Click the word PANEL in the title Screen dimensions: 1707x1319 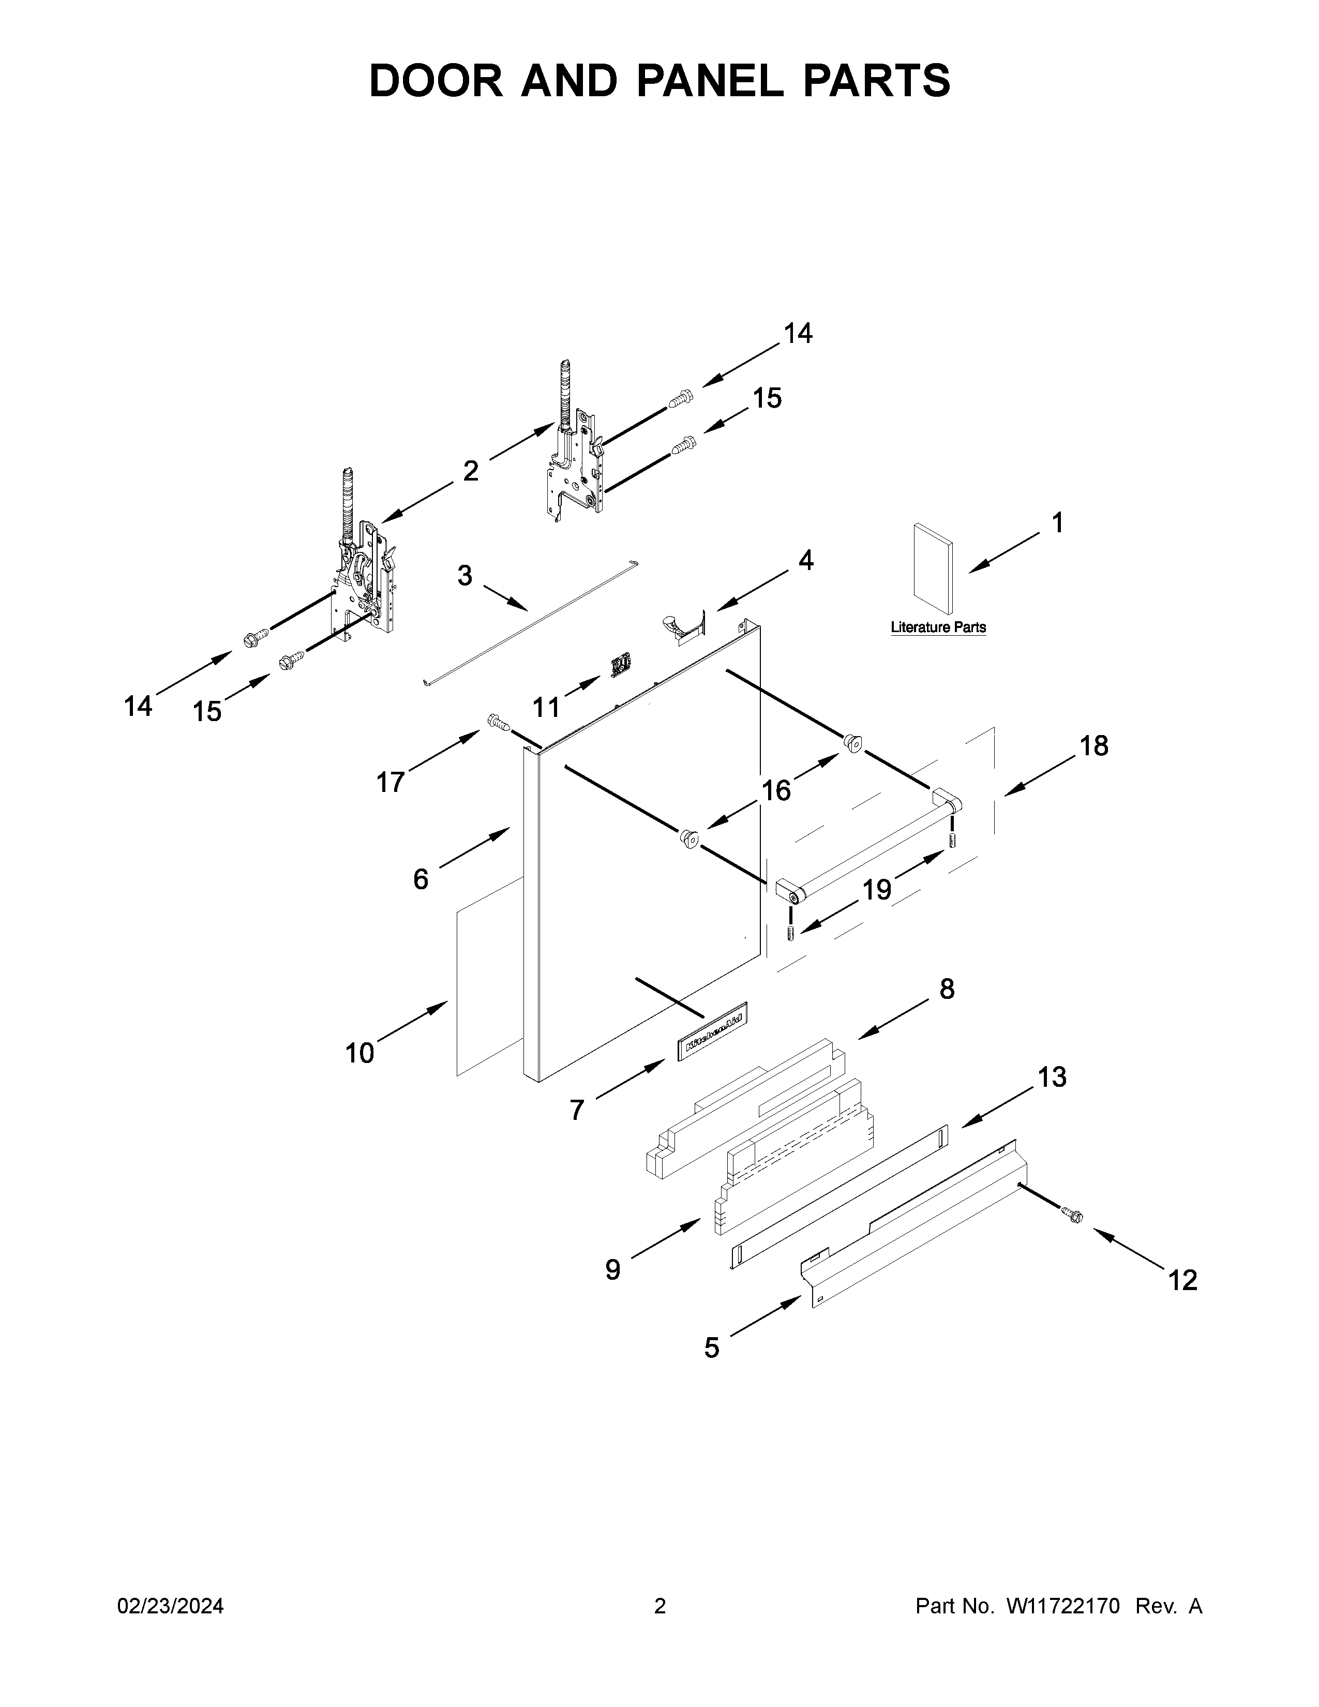(710, 81)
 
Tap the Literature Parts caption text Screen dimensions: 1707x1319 (938, 627)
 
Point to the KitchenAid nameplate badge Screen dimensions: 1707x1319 (711, 1032)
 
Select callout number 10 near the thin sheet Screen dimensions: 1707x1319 (360, 1054)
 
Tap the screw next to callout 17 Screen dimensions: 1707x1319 (498, 722)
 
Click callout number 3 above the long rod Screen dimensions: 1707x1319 (465, 576)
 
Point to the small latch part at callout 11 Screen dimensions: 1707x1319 (620, 664)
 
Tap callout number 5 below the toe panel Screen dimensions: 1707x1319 (711, 1347)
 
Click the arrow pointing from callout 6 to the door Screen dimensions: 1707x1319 (475, 847)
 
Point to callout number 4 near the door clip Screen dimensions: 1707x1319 (805, 560)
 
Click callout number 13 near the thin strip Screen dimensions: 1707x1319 (1052, 1077)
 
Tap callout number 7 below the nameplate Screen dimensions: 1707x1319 (577, 1110)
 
